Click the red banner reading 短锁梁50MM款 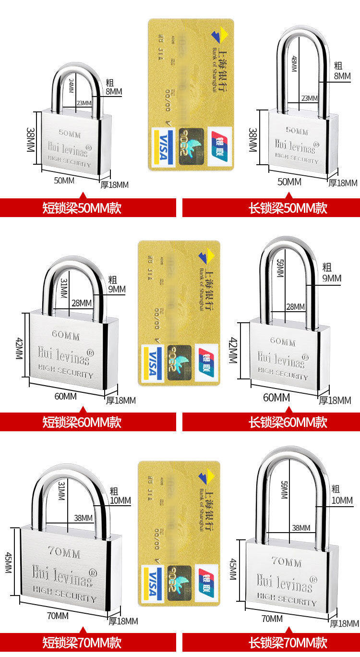pyautogui.click(x=82, y=208)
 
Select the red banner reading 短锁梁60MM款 pyautogui.click(x=82, y=422)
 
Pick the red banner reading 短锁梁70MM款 pyautogui.click(x=82, y=643)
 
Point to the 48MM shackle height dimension pyautogui.click(x=294, y=64)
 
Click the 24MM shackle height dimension pyautogui.click(x=72, y=85)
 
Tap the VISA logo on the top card pyautogui.click(x=162, y=148)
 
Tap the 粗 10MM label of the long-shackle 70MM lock pyautogui.click(x=342, y=495)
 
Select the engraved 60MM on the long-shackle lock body pyautogui.click(x=283, y=341)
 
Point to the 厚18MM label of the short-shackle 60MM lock pyautogui.click(x=121, y=401)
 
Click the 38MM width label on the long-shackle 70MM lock pyautogui.click(x=301, y=528)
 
